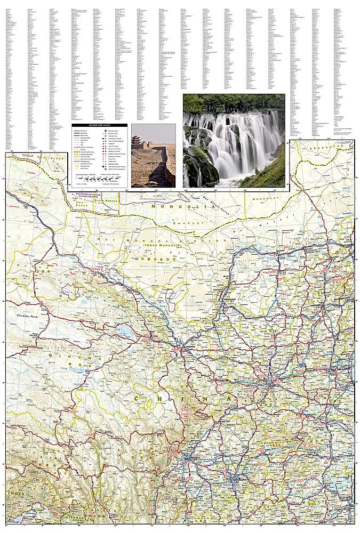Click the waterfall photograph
tap(234, 141)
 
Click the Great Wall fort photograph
tap(153, 155)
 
